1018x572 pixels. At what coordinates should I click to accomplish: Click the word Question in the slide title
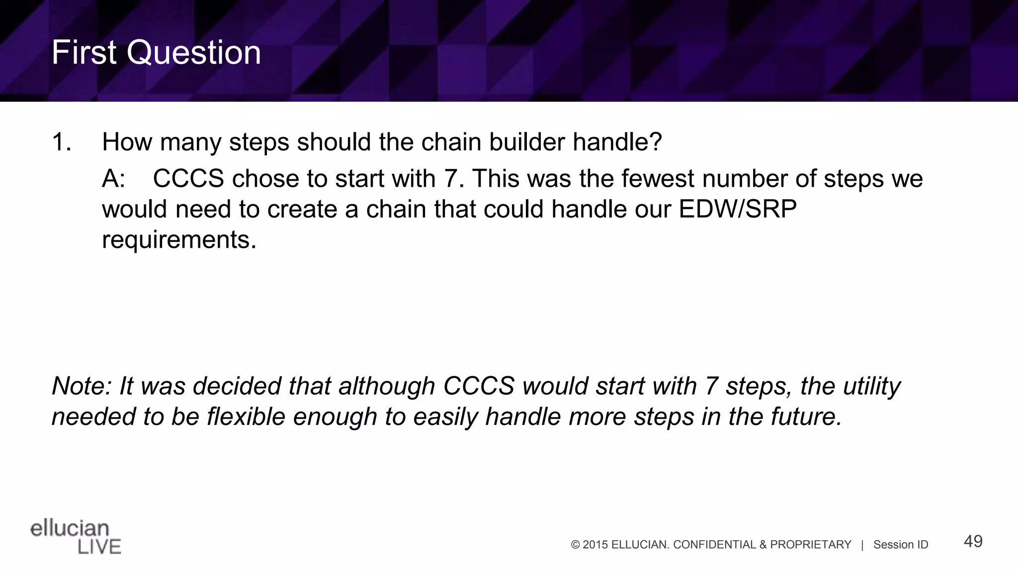[193, 53]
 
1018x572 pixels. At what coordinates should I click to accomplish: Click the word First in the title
[84, 53]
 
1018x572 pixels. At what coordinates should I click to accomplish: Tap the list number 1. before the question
[62, 143]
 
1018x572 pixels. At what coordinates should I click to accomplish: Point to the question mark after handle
[656, 143]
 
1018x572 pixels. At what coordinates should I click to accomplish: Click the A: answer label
[113, 179]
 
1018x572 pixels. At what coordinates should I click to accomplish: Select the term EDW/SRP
[738, 209]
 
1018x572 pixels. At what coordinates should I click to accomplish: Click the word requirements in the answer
[179, 240]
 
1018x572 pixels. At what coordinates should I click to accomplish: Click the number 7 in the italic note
[710, 386]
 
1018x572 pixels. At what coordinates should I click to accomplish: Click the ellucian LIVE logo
[76, 537]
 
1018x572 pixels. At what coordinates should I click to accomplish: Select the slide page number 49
[973, 541]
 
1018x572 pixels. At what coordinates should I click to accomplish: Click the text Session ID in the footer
[900, 545]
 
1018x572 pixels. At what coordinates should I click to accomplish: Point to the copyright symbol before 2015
[576, 545]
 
